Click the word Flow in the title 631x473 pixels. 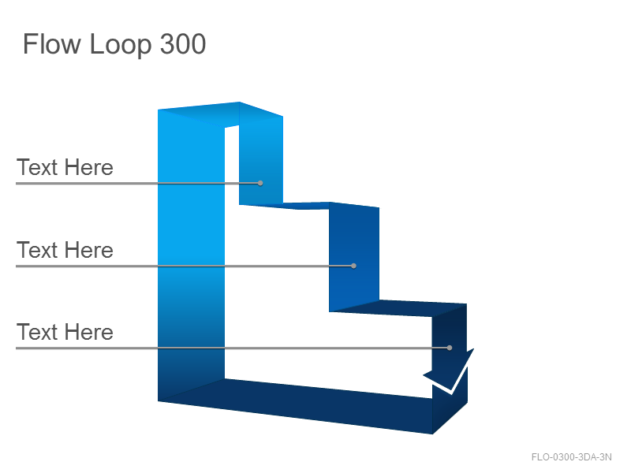[x=52, y=44]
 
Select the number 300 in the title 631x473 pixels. [x=183, y=44]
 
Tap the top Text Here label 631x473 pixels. [x=65, y=167]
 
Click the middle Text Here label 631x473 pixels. [x=65, y=250]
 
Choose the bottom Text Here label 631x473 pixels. [x=65, y=332]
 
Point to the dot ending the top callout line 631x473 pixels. [x=260, y=183]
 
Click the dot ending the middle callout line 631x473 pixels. [x=353, y=266]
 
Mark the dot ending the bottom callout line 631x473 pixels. [x=450, y=348]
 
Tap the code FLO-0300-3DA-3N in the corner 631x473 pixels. [x=571, y=457]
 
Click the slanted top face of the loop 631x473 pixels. [x=221, y=114]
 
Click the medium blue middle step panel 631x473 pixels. [x=354, y=258]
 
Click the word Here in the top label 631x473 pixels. [x=89, y=167]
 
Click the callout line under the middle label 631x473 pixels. [x=185, y=266]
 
